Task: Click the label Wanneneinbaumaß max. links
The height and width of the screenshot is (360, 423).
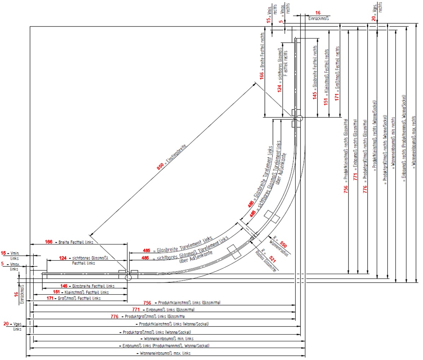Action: pos(165,353)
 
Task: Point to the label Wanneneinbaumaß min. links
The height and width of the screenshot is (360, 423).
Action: pos(169,339)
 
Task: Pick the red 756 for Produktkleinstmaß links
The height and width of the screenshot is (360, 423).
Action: pos(147,303)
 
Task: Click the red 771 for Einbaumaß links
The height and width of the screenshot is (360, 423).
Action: pos(136,309)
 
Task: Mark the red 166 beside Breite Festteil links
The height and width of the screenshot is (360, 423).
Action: pos(49,242)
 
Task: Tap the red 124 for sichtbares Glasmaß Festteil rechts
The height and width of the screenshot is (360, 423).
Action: pos(280,88)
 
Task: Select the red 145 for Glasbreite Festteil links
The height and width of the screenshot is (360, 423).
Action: pos(64,286)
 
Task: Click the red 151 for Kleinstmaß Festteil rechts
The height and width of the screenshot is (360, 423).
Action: pos(326,101)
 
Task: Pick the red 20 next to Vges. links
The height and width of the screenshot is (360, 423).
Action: pos(6,324)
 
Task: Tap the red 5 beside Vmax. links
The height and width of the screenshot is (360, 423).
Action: pos(2,264)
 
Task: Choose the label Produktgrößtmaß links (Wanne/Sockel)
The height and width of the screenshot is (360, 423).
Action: pos(157,332)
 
